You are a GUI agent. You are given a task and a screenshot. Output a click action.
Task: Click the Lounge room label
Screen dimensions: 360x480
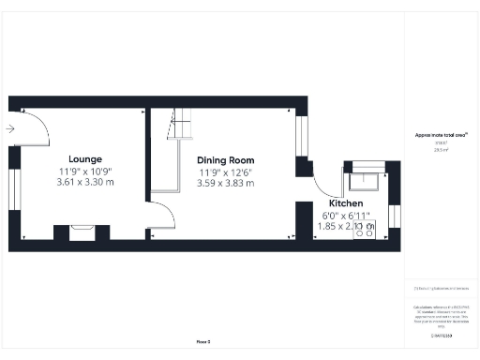click(85, 158)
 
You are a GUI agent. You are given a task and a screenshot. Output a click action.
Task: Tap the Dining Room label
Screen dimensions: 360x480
click(225, 160)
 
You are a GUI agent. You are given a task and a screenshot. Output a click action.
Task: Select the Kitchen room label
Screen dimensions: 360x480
click(346, 203)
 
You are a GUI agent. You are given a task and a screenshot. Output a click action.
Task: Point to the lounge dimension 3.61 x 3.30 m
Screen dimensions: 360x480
click(85, 182)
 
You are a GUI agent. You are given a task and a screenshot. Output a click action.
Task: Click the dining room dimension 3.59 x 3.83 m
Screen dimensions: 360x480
click(225, 184)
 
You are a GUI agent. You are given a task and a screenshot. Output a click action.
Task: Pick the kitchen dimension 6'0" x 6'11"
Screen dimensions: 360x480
click(345, 216)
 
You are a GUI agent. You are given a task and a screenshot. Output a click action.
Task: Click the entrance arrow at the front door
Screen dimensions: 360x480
click(10, 128)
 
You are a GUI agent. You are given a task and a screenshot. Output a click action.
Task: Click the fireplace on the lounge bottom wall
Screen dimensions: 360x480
click(82, 231)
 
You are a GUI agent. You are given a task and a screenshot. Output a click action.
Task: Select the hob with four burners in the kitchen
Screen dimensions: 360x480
click(363, 230)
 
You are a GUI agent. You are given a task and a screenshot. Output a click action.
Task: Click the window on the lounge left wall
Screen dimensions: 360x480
click(13, 187)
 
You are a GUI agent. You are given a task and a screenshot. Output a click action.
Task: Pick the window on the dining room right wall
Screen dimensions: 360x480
click(302, 135)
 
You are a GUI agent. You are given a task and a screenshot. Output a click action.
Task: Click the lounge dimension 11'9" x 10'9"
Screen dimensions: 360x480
click(85, 171)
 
